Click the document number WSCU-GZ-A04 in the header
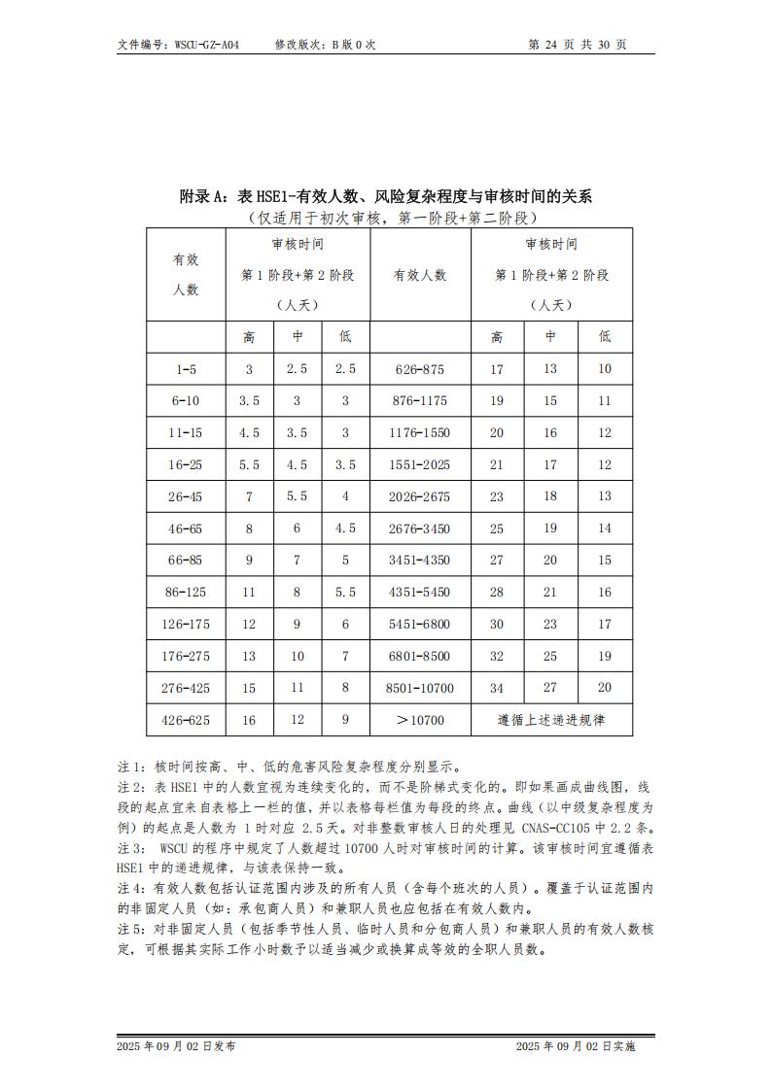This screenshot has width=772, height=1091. pyautogui.click(x=206, y=45)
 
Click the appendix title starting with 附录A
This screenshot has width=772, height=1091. pyautogui.click(x=386, y=196)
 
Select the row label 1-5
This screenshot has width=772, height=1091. pyautogui.click(x=186, y=369)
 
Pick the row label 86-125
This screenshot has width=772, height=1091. pyautogui.click(x=186, y=592)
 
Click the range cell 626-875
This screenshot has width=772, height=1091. pyautogui.click(x=419, y=369)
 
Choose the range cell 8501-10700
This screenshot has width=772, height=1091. pyautogui.click(x=419, y=688)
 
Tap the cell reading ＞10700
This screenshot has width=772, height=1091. pyautogui.click(x=419, y=720)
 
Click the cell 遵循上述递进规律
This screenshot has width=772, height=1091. pyautogui.click(x=550, y=720)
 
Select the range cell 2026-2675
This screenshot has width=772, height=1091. pyautogui.click(x=419, y=496)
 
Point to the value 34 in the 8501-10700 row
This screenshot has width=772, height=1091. pyautogui.click(x=497, y=688)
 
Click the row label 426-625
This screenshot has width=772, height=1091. pyautogui.click(x=186, y=720)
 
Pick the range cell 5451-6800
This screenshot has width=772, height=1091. pyautogui.click(x=419, y=624)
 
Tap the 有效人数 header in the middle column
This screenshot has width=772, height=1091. pyautogui.click(x=419, y=275)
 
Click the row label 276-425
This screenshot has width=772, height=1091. pyautogui.click(x=186, y=688)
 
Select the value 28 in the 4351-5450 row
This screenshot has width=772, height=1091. pyautogui.click(x=497, y=592)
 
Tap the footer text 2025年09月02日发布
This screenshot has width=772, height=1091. pyautogui.click(x=175, y=1046)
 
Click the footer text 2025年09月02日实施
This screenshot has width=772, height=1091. pyautogui.click(x=575, y=1046)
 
